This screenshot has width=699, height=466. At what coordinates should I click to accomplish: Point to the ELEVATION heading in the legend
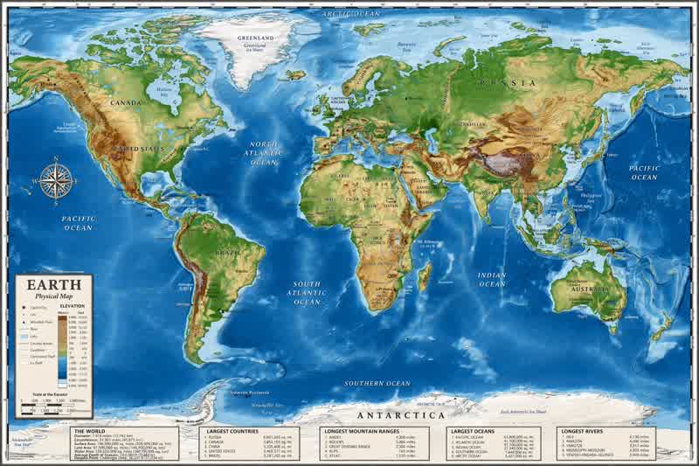tap(72, 307)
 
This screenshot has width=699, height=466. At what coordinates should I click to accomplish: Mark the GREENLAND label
tap(256, 38)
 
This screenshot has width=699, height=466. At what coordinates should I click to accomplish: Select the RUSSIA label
tap(517, 83)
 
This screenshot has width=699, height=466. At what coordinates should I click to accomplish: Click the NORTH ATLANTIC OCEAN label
tap(264, 152)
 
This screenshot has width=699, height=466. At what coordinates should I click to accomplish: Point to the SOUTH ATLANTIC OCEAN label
tap(307, 293)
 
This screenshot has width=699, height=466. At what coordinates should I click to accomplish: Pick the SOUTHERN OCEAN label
tap(377, 384)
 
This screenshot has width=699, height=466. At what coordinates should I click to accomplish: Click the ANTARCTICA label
tap(404, 415)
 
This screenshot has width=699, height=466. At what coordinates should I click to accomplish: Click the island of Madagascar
tap(425, 278)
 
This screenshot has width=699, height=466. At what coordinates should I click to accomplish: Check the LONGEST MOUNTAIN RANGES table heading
tap(361, 432)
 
